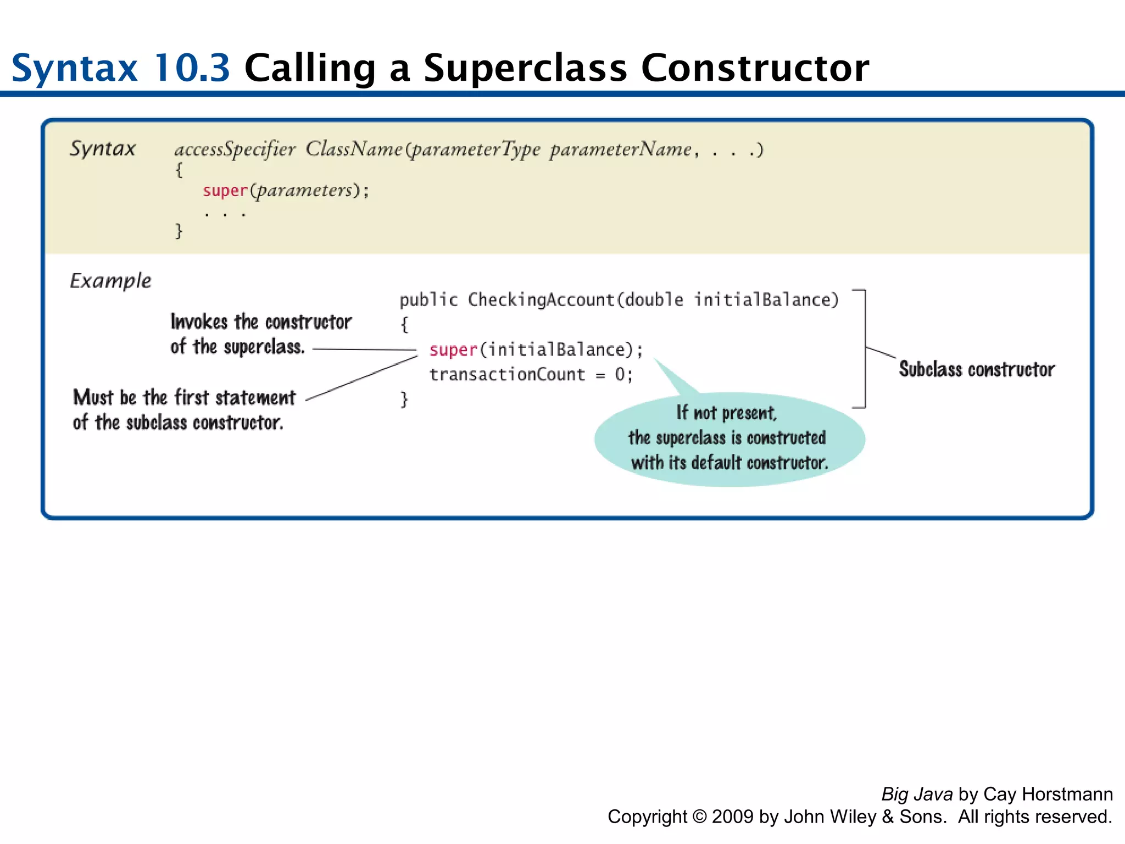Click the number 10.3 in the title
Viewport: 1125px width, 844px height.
click(x=191, y=68)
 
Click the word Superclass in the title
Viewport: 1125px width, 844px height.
click(x=525, y=68)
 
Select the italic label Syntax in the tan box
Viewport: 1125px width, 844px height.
click(x=102, y=148)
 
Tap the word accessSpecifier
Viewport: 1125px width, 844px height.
click(x=235, y=149)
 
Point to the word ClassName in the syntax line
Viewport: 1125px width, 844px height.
click(x=354, y=149)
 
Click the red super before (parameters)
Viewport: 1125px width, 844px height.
click(x=225, y=191)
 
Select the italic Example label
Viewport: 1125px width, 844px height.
click(x=110, y=281)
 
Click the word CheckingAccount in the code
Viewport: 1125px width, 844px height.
click(x=541, y=300)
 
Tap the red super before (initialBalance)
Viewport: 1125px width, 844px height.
click(x=453, y=350)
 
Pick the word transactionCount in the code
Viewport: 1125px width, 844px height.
click(x=507, y=375)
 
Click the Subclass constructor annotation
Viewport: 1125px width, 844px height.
click(x=977, y=369)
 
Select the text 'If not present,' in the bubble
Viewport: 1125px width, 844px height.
click(x=726, y=413)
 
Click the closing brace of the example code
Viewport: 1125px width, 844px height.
click(x=404, y=399)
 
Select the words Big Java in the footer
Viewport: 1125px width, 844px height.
click(x=917, y=794)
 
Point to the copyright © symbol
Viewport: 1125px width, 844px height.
click(x=699, y=817)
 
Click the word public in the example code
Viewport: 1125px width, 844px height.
click(x=428, y=300)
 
